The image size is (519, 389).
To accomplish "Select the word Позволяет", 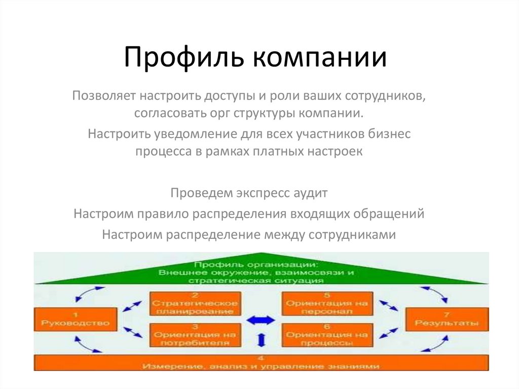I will (104, 96).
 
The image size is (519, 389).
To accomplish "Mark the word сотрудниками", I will (352, 235).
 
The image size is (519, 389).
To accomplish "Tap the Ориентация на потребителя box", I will (195, 335).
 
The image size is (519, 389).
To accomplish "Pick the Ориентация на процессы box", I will (326, 335).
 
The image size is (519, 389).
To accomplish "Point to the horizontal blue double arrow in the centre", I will (261, 320).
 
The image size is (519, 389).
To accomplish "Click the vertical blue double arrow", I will (261, 340).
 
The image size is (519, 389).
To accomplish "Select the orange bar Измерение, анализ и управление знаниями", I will (261, 363).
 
